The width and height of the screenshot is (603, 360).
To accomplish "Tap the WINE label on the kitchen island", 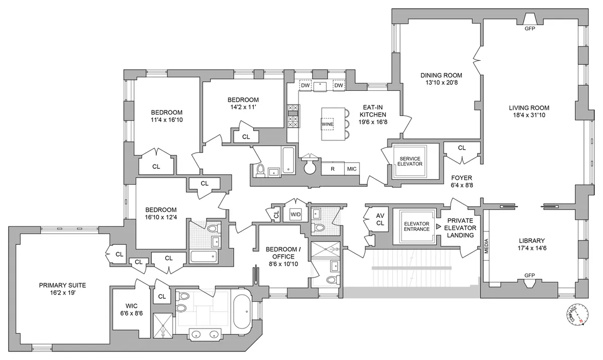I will point(328,124).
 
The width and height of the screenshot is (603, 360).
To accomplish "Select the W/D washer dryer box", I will point(296,214).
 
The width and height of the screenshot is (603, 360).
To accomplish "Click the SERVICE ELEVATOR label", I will point(409,161).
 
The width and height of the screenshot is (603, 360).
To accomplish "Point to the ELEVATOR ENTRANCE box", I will point(417,226).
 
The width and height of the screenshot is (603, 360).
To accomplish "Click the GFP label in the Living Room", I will point(530,29).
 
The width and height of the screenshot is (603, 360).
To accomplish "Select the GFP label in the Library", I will point(529,276).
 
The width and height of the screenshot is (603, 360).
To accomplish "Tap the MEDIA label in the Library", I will point(486,246).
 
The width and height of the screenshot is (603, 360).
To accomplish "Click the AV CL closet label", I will point(380,219).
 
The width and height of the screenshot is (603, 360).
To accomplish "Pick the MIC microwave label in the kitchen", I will point(352,169).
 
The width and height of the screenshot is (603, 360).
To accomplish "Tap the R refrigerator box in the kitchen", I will point(332,169).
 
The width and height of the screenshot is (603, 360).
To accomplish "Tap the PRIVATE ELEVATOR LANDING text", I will point(461,227).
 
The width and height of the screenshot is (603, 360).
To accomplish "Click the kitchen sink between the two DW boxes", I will point(320,86).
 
